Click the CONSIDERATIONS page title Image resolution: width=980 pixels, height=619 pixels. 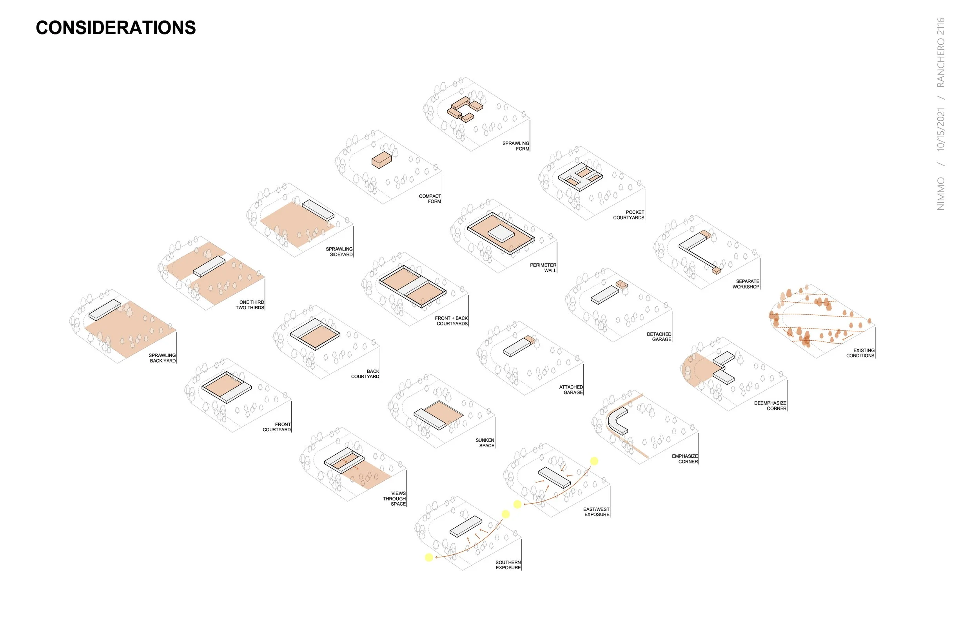pyautogui.click(x=116, y=28)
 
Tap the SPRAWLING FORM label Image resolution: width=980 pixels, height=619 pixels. pyautogui.click(x=515, y=146)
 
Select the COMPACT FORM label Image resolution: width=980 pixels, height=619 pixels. pyautogui.click(x=430, y=199)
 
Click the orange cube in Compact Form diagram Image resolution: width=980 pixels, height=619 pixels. pyautogui.click(x=381, y=160)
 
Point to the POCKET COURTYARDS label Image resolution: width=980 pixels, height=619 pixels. pyautogui.click(x=629, y=215)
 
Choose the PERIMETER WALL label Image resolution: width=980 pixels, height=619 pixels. pyautogui.click(x=543, y=268)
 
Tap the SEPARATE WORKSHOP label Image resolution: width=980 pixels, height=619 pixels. pyautogui.click(x=746, y=284)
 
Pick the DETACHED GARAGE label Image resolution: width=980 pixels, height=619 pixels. pyautogui.click(x=659, y=337)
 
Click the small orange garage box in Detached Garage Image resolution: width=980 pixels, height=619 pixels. pyautogui.click(x=621, y=285)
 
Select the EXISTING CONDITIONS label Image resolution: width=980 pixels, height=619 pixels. pyautogui.click(x=860, y=353)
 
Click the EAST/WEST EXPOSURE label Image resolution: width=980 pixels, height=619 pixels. pyautogui.click(x=596, y=512)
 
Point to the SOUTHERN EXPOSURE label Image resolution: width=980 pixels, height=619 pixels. pyautogui.click(x=508, y=565)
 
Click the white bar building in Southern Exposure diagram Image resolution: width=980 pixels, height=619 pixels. pyautogui.click(x=466, y=526)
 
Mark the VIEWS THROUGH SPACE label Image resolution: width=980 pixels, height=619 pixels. pyautogui.click(x=394, y=499)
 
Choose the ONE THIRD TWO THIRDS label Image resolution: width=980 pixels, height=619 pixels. pyautogui.click(x=250, y=305)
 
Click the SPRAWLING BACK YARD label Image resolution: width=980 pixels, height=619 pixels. pyautogui.click(x=162, y=358)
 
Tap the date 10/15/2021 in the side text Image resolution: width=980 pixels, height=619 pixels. pyautogui.click(x=940, y=129)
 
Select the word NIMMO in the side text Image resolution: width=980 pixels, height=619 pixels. pyautogui.click(x=940, y=194)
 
